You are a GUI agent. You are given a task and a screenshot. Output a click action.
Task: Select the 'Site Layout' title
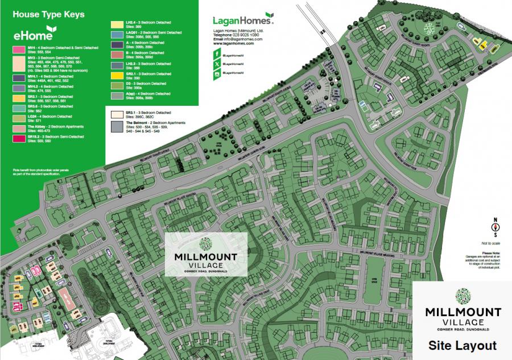462,345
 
